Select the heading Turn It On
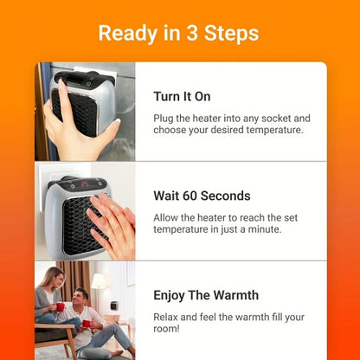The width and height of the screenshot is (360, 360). (x=182, y=96)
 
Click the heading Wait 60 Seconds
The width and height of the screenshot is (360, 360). (x=202, y=196)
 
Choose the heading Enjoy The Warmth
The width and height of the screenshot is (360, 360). (x=211, y=295)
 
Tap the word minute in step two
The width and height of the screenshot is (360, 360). (x=279, y=230)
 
